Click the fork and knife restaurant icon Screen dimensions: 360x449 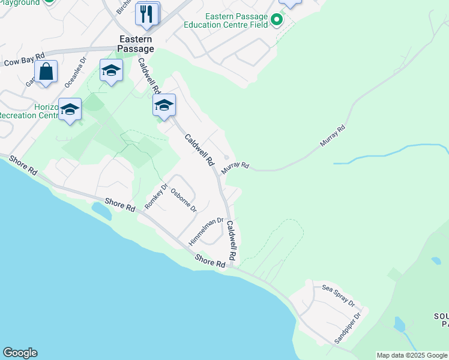pos(147,13)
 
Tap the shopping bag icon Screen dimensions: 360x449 pos(46,72)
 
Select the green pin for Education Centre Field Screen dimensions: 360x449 pos(276,20)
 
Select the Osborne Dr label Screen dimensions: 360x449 pos(184,200)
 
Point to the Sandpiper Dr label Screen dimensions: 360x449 pos(348,328)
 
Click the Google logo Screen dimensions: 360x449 pos(20,353)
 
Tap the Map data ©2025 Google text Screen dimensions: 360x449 pos(412,355)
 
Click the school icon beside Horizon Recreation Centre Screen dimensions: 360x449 pos(70,110)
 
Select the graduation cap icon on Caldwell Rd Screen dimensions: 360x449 pos(164,106)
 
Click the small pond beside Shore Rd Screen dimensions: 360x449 pos(99,210)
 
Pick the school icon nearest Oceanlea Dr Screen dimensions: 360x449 pos(111,71)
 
